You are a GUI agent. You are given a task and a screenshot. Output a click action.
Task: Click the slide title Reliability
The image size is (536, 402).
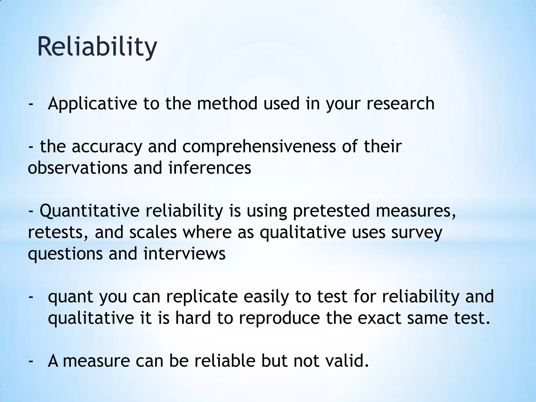[x=97, y=47]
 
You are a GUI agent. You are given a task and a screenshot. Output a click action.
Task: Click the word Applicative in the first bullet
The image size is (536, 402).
[x=92, y=103]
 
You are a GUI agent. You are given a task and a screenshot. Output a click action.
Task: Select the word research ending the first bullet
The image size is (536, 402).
[x=400, y=103]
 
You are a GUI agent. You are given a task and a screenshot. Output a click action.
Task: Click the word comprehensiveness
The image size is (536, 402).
[x=259, y=147]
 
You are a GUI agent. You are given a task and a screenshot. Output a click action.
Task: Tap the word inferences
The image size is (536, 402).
[x=210, y=168]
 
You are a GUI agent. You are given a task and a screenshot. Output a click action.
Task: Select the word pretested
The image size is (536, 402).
[x=331, y=211]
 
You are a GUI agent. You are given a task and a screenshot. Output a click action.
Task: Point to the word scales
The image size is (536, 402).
[x=153, y=232]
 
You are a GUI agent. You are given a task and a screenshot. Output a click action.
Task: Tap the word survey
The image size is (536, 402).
[x=417, y=232]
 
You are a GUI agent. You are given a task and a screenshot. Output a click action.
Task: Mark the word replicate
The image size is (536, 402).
[x=202, y=297]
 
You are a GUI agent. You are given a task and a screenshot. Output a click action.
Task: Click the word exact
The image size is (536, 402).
[x=379, y=318]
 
